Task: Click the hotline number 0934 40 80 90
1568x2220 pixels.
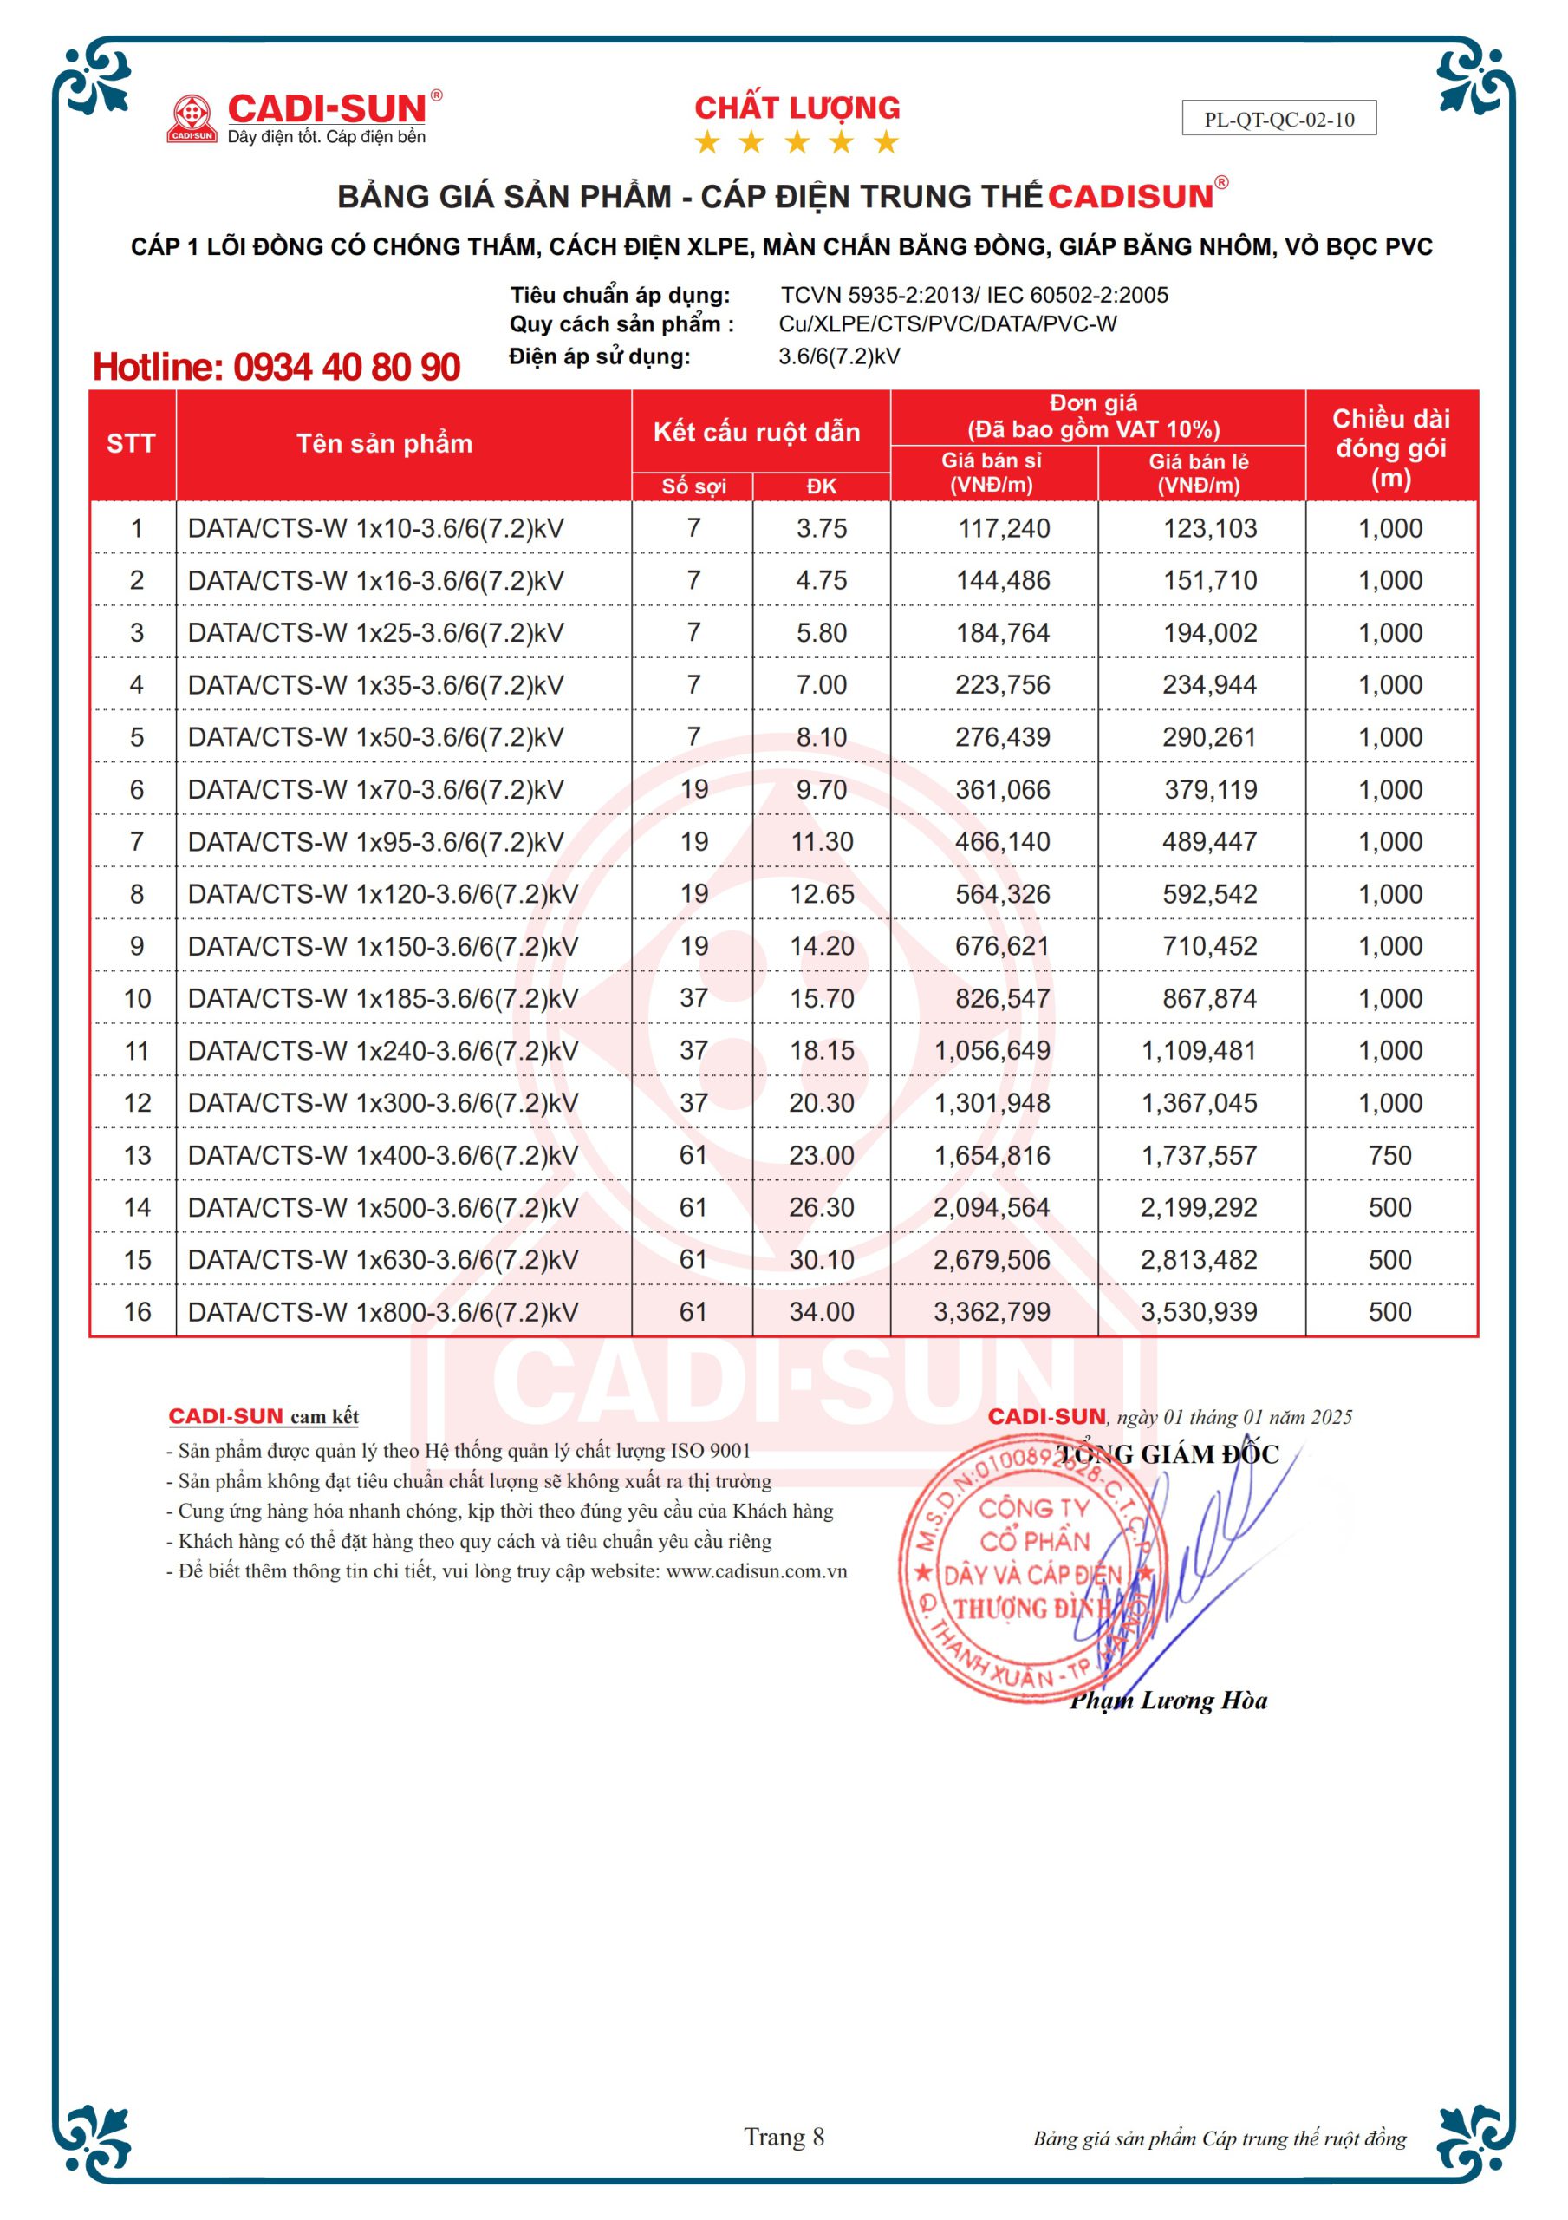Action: point(276,368)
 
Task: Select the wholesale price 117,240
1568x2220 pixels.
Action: point(1003,529)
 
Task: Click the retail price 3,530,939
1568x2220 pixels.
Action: point(1199,1312)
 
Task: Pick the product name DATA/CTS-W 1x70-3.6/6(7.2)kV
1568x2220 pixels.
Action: point(375,790)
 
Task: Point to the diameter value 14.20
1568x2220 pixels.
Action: point(822,947)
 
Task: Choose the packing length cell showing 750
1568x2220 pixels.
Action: point(1390,1155)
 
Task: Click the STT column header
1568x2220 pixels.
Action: point(132,444)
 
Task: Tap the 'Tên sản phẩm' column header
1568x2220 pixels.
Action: point(385,444)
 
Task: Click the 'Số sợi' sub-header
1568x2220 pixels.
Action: point(693,486)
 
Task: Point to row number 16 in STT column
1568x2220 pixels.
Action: point(137,1312)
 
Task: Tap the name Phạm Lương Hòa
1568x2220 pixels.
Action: point(1168,1701)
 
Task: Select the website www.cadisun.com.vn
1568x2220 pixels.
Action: point(756,1571)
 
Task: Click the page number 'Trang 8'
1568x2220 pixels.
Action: point(784,2137)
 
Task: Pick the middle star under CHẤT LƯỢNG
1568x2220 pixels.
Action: point(797,143)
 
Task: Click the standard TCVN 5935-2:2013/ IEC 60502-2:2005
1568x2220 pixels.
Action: point(973,295)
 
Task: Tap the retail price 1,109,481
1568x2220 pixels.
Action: point(1199,1051)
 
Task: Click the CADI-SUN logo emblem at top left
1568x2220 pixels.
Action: point(192,118)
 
